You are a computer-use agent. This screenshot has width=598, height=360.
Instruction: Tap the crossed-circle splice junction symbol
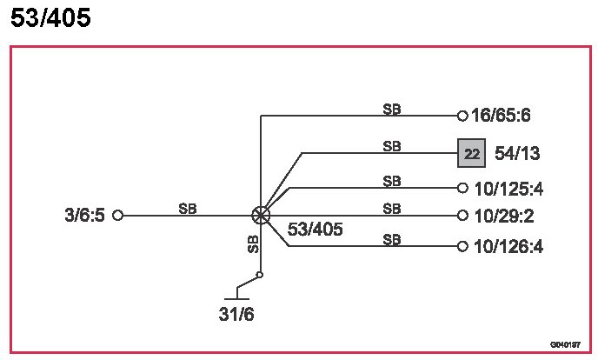pos(261,215)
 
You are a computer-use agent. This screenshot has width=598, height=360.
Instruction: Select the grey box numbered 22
pos(472,154)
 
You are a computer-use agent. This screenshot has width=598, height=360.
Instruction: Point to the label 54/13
pos(517,154)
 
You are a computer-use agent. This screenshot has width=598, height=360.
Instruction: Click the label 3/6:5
pos(84,215)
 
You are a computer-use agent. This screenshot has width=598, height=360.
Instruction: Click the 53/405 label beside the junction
pos(315,230)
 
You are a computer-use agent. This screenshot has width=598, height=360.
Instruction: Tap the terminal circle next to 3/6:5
pos(118,215)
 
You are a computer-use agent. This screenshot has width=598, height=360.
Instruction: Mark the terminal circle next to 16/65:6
pos(462,115)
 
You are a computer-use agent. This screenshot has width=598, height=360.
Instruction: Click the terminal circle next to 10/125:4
pos(462,188)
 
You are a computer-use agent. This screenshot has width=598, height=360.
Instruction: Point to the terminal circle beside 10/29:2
pos(462,216)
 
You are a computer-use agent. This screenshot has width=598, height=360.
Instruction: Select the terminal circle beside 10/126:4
pos(462,247)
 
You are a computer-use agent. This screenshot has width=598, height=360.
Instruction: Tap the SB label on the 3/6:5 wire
pos(188,208)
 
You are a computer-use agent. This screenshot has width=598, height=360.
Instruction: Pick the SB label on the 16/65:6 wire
pos(392,109)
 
